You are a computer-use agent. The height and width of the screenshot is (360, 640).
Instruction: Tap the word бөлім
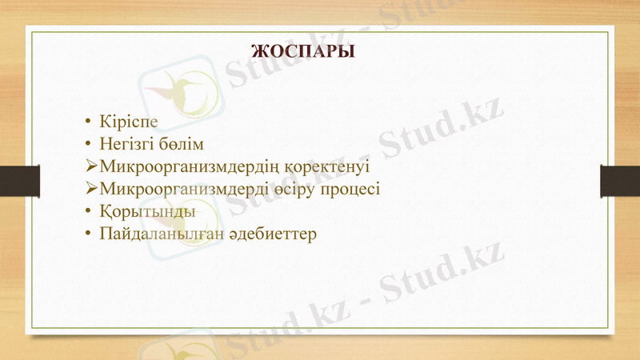point(185,146)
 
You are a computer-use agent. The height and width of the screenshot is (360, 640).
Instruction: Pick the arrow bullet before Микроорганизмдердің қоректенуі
point(90,168)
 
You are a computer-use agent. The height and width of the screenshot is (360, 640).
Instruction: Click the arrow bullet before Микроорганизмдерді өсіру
point(90,190)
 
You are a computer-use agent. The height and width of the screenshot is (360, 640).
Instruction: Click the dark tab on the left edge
point(19,181)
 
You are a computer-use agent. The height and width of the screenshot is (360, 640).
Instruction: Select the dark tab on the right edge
point(620,181)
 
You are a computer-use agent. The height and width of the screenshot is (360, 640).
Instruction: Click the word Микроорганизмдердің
point(189,168)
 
